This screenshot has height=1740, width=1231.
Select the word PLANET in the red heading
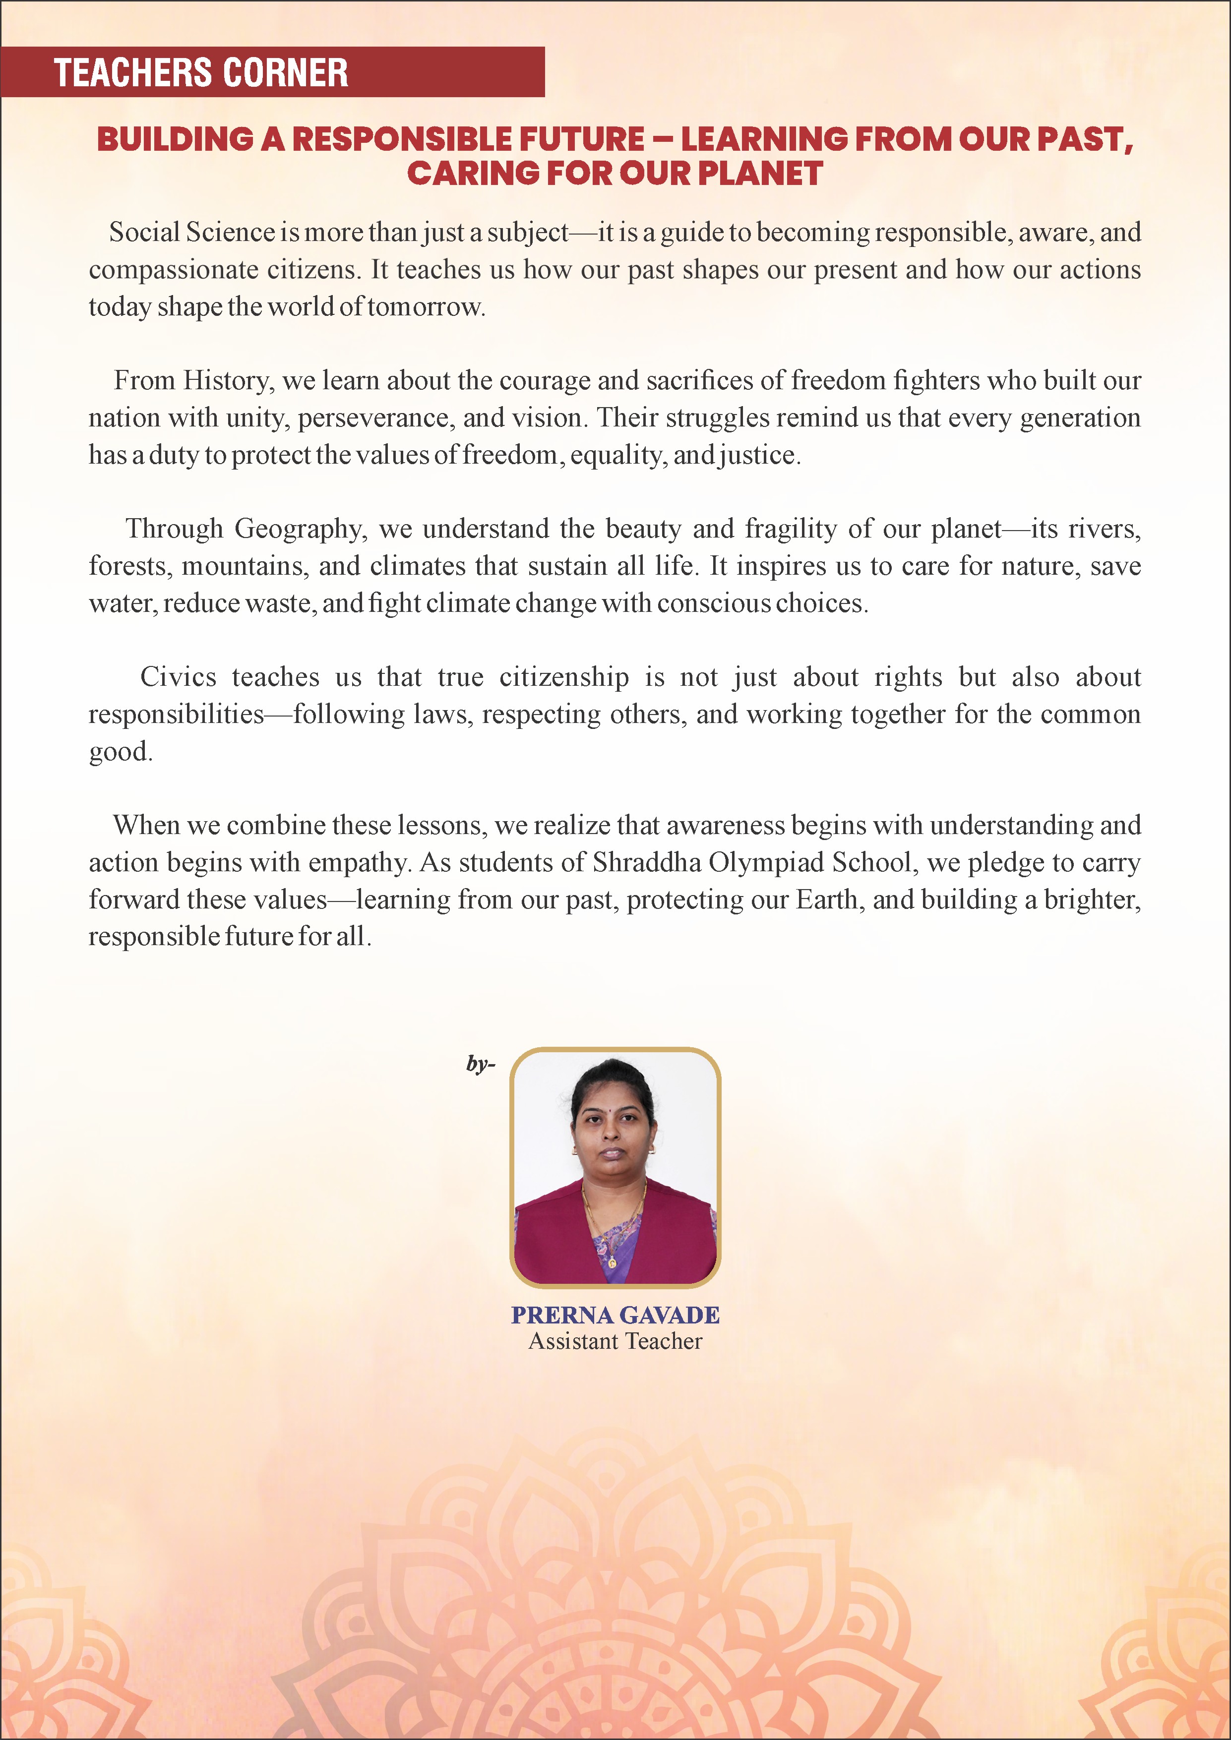[760, 174]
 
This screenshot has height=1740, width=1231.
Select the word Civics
[178, 677]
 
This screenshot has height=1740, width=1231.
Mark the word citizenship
[564, 677]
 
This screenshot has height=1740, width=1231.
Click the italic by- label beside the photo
[480, 1064]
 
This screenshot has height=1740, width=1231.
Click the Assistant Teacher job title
[615, 1341]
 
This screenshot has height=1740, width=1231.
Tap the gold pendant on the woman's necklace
[611, 1262]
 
